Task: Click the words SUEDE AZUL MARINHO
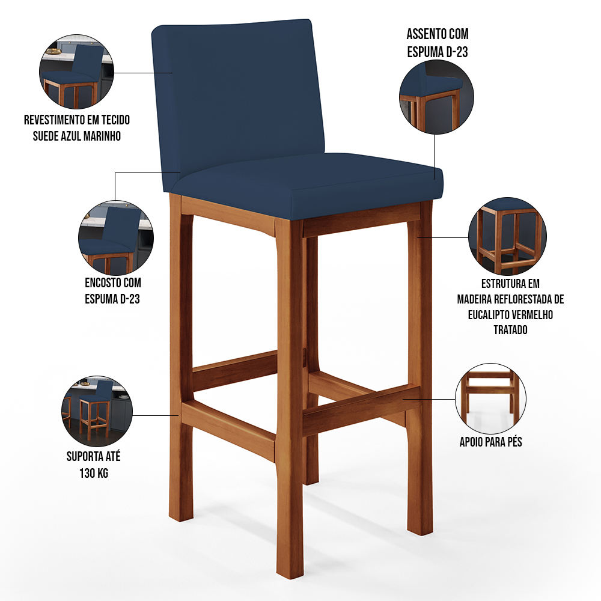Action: click(x=77, y=136)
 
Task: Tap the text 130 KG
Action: click(x=94, y=473)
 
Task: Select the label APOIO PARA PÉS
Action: click(x=490, y=442)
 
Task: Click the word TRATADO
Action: click(x=510, y=329)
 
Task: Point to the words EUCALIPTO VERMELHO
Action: click(x=510, y=315)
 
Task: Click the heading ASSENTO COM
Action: click(x=438, y=34)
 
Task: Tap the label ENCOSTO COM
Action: click(x=113, y=283)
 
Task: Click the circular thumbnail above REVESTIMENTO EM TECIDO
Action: click(x=77, y=72)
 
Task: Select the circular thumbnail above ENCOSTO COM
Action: click(x=116, y=238)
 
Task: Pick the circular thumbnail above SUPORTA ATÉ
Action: click(x=97, y=411)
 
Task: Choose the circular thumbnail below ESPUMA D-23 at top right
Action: click(x=436, y=97)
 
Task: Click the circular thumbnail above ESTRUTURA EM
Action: click(x=507, y=236)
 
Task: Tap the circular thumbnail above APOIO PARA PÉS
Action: click(x=490, y=398)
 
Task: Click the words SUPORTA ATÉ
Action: click(x=94, y=457)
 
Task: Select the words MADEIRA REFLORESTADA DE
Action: click(x=510, y=299)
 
